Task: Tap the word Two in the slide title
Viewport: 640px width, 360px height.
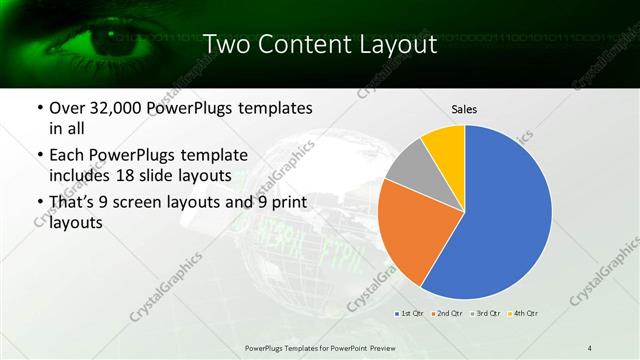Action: click(227, 45)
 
